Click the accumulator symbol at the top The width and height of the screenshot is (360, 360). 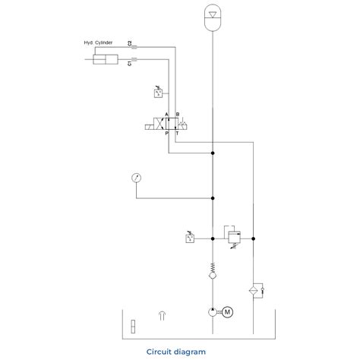click(214, 17)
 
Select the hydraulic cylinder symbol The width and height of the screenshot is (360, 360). click(106, 61)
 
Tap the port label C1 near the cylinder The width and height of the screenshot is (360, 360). click(131, 65)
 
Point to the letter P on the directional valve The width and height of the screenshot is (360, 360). click(167, 132)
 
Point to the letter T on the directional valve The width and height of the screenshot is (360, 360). click(177, 132)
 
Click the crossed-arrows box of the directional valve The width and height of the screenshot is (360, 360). click(161, 123)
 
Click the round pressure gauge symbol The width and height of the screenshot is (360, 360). click(136, 178)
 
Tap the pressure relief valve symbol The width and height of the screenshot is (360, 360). click(234, 236)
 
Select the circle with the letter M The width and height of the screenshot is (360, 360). click(227, 311)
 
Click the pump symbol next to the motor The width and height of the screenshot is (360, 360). click(213, 311)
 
